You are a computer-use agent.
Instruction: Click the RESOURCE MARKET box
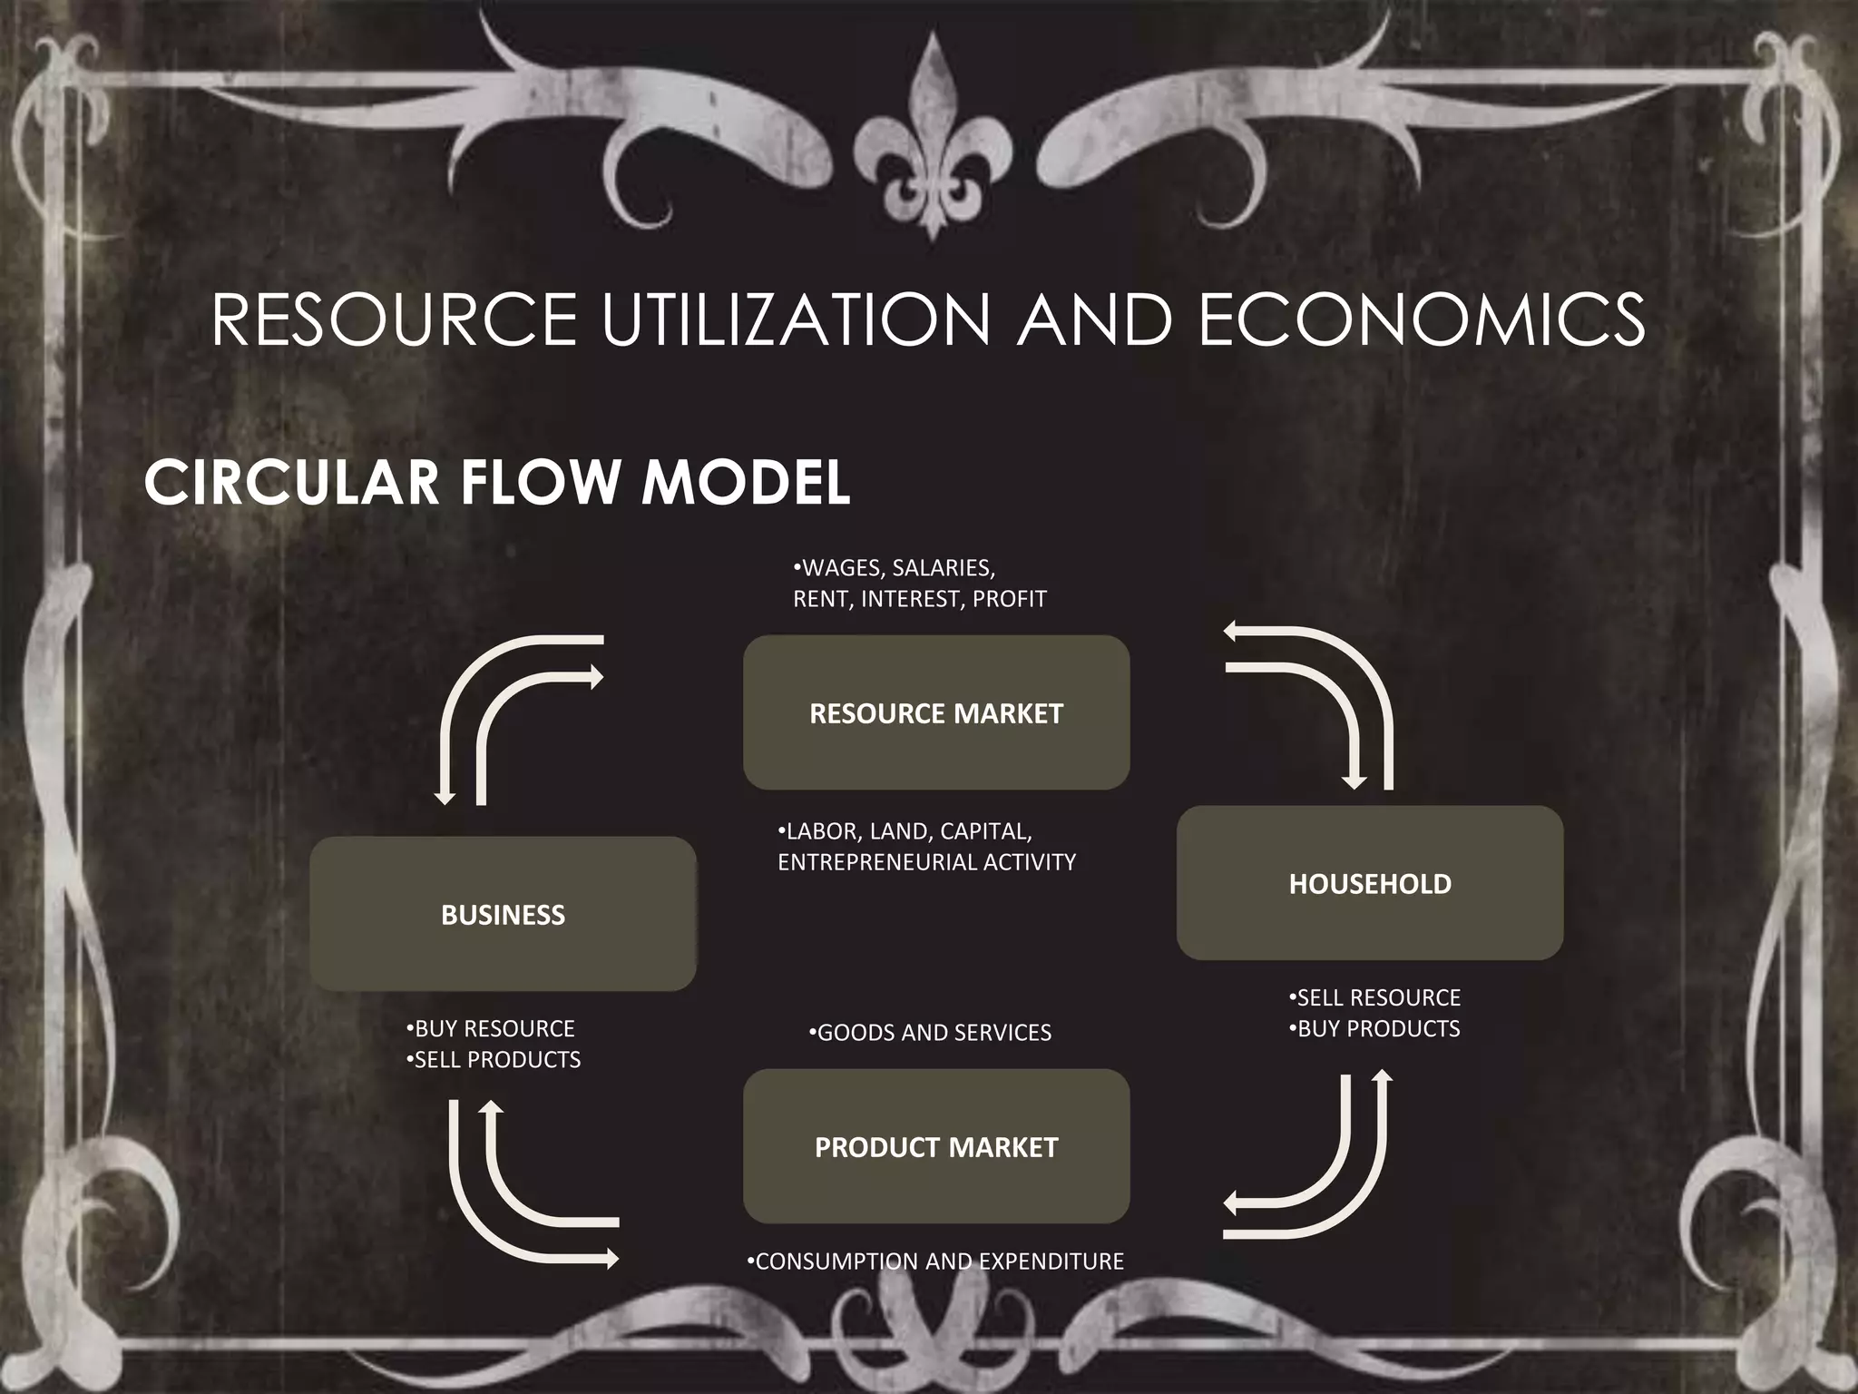pos(935,713)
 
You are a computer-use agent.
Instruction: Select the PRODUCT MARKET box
pos(935,1147)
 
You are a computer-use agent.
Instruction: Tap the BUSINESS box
pos(503,914)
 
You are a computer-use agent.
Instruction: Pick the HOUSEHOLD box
pos(1369,883)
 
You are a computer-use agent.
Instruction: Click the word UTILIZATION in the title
pos(797,319)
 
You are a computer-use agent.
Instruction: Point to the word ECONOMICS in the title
pos(1422,319)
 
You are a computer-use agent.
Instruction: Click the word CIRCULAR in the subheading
pos(292,482)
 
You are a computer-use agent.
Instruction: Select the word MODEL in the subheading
pos(746,482)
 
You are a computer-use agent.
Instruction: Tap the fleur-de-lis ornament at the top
pos(931,136)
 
